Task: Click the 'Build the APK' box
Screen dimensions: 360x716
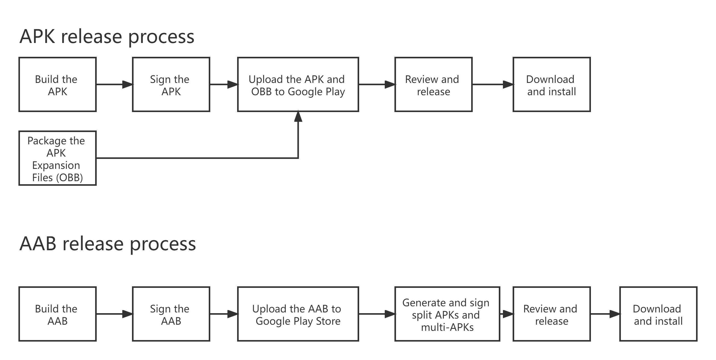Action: (57, 84)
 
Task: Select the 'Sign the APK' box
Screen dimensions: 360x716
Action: (171, 84)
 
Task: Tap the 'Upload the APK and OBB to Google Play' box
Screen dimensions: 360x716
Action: (298, 84)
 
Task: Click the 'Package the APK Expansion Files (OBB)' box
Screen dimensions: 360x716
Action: (57, 158)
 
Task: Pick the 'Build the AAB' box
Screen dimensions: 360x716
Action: (57, 314)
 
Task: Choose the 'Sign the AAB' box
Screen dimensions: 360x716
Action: (171, 314)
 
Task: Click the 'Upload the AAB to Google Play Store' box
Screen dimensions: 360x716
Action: (298, 314)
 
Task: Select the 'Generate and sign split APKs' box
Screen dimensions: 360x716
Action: (447, 314)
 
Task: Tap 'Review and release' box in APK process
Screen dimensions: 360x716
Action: (433, 84)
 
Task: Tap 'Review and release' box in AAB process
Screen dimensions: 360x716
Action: (552, 314)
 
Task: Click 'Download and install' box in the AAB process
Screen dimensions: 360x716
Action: (658, 314)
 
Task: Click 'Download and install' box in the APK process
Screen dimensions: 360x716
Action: (552, 84)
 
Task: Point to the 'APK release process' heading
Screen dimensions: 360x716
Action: (107, 36)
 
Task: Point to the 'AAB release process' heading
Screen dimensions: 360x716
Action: (108, 244)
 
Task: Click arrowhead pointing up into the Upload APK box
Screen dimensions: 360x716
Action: (298, 116)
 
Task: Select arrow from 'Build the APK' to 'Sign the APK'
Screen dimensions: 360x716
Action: (114, 84)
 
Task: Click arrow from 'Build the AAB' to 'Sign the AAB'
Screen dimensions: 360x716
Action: (114, 314)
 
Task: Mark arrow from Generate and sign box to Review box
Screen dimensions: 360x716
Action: (506, 314)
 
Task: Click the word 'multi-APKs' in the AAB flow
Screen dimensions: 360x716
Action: (447, 327)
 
